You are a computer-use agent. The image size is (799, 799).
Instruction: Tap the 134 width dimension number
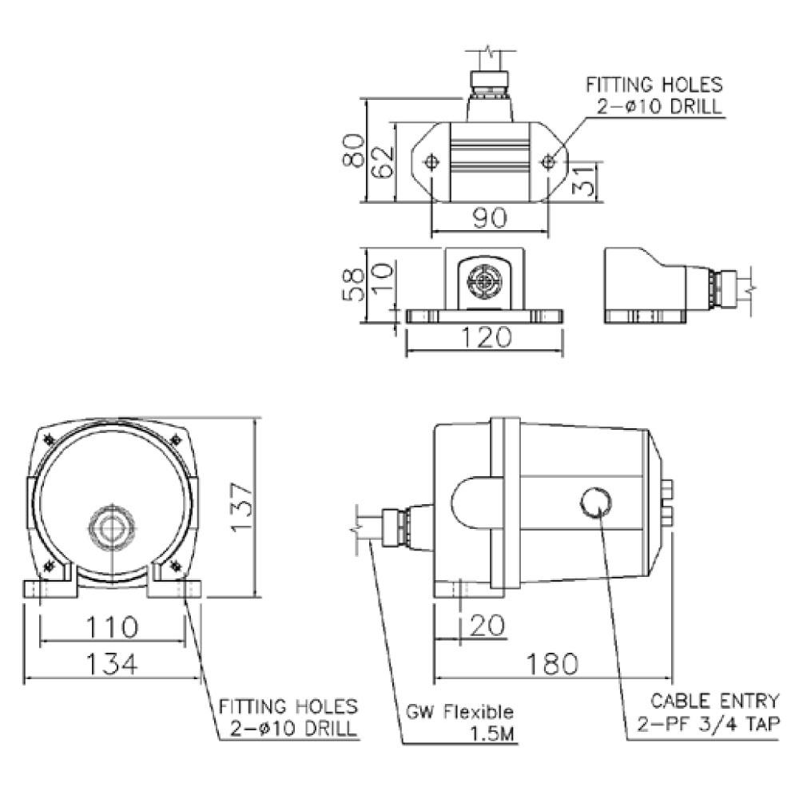pos(112,662)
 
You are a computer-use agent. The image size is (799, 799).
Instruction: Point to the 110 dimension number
pos(112,626)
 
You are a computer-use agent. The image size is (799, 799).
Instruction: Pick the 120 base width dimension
pos(485,338)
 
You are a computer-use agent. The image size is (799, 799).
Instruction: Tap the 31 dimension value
pos(586,181)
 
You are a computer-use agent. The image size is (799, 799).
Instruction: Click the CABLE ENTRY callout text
pos(714,702)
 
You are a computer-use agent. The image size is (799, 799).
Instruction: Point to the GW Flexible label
pos(461,712)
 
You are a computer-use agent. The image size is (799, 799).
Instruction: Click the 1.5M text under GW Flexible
pos(493,733)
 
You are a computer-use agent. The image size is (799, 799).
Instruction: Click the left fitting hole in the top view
pos(431,162)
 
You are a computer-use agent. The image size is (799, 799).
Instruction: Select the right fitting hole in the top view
pos(547,162)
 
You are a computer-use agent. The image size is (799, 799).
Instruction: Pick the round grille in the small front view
pos(483,280)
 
